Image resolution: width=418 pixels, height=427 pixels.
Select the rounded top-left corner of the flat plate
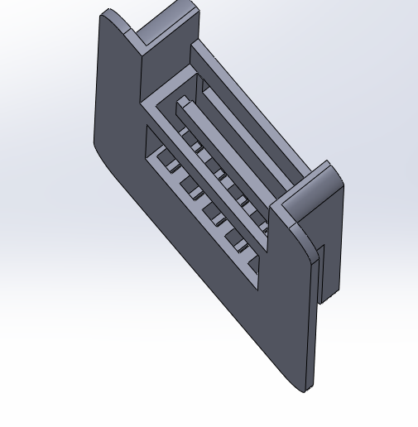pos(103,17)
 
